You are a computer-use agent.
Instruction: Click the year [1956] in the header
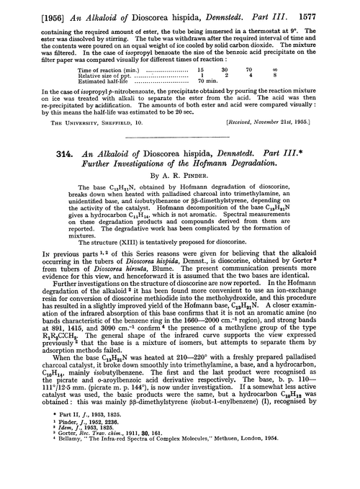point(24,9)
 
